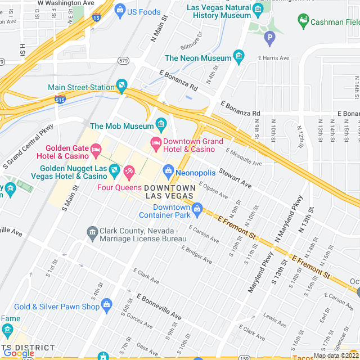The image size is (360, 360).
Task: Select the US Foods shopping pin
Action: tap(120, 10)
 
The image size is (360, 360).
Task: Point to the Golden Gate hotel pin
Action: tap(96, 150)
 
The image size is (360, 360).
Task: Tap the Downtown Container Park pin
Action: tap(197, 210)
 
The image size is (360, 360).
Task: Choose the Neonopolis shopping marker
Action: tap(168, 170)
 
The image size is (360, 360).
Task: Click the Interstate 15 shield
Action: tap(97, 18)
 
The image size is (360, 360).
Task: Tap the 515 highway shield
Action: tap(60, 100)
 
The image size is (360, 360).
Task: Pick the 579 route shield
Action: tap(124, 60)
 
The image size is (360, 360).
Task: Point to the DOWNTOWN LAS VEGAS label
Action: tap(170, 191)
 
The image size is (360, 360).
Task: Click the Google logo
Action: tap(18, 353)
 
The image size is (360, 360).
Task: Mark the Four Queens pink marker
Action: tap(129, 170)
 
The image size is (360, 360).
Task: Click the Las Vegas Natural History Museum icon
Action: tap(258, 10)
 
